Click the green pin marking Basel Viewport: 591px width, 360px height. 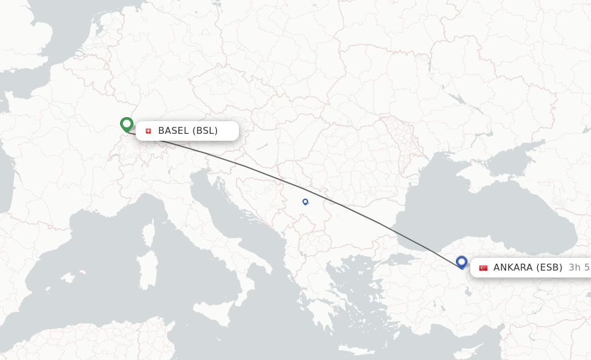(x=126, y=123)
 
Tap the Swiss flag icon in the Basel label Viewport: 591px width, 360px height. (x=148, y=131)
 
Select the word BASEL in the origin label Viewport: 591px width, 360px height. (x=174, y=131)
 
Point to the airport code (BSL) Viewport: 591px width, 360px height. (x=205, y=131)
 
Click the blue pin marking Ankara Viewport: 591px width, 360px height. (x=461, y=262)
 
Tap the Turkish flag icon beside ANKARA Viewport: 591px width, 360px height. (x=483, y=268)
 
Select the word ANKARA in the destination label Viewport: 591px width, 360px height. (x=513, y=268)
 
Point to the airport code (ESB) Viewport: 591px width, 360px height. (x=549, y=268)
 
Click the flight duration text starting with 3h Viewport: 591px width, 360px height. (x=579, y=268)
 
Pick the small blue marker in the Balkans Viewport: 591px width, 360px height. (x=305, y=201)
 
